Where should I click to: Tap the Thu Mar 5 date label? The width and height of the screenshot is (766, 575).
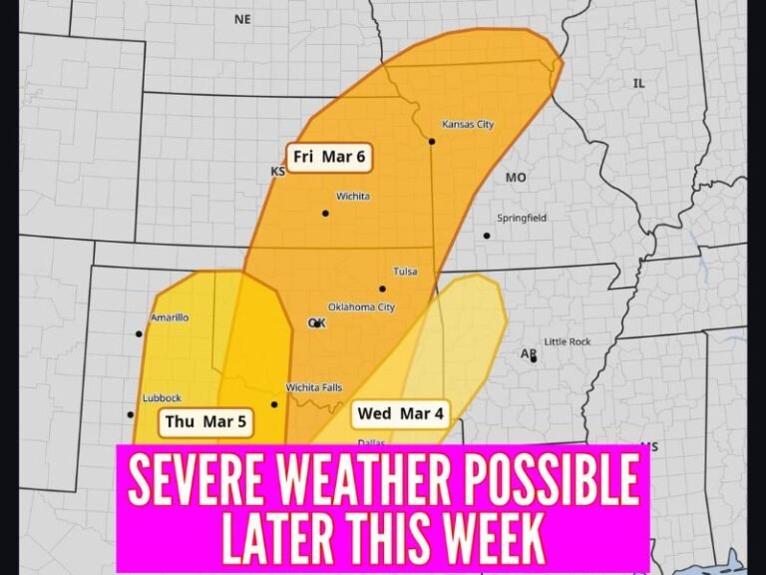(205, 422)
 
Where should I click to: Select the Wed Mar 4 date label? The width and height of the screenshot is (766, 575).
(399, 413)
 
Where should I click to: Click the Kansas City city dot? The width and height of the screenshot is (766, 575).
(432, 142)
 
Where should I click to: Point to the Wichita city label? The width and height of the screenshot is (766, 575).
(353, 197)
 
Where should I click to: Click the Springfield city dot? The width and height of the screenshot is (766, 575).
(487, 236)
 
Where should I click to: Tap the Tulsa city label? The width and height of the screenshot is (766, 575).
(406, 272)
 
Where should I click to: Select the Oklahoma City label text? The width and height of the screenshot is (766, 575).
(361, 307)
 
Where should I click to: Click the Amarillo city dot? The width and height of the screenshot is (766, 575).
(139, 334)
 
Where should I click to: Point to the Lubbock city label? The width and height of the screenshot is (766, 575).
(162, 398)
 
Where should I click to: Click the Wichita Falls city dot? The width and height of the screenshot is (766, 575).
(274, 404)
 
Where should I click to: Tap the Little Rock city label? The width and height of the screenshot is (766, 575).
(568, 342)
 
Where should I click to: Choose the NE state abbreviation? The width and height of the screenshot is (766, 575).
(242, 19)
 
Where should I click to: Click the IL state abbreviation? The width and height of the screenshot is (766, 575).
(639, 84)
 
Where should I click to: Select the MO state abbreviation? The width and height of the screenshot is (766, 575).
(516, 178)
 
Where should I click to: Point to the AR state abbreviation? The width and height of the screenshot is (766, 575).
(528, 354)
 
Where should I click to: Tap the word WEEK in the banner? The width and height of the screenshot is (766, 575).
(483, 539)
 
